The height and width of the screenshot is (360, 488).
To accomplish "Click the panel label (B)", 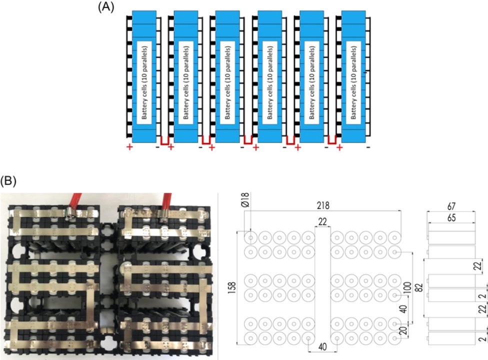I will click(9, 179).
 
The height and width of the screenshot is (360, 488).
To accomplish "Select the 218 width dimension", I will click(322, 206).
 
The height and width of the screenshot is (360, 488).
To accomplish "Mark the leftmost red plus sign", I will click(130, 147).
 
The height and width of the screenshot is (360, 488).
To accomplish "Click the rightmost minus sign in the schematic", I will click(368, 147).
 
